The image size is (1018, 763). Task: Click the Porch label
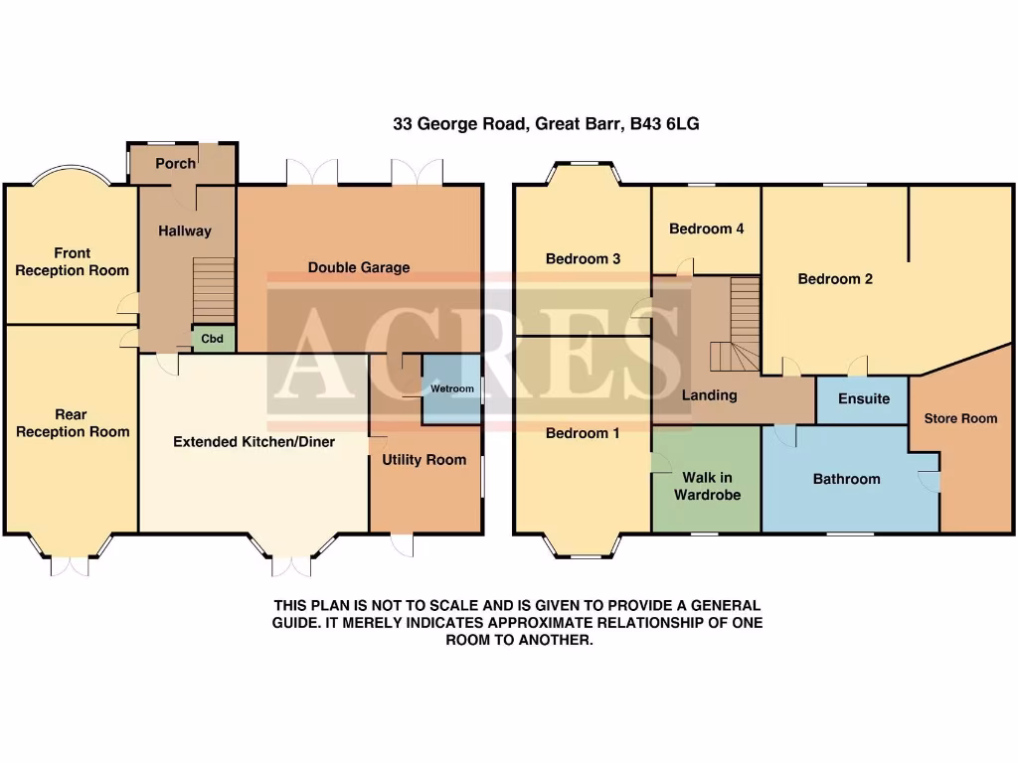[x=176, y=163]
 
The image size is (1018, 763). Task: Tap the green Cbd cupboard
[x=213, y=339]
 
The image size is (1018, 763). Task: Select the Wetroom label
[x=451, y=388]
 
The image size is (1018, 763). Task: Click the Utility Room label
[x=424, y=460]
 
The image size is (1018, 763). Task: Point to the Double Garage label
[x=359, y=267]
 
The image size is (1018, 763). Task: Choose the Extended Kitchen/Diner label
[x=254, y=441]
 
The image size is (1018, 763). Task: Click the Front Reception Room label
[x=72, y=262]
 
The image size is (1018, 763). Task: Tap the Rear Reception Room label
[x=72, y=423]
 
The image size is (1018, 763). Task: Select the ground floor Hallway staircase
[x=213, y=288]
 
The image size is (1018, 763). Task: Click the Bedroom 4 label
[x=706, y=229]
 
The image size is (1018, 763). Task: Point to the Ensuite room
[x=863, y=398]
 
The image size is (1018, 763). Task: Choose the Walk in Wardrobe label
[x=707, y=486]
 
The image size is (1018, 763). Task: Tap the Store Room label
[x=960, y=418]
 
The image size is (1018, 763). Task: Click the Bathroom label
[x=846, y=479]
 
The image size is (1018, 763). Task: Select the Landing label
[x=709, y=394]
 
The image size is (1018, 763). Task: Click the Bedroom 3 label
[x=583, y=259]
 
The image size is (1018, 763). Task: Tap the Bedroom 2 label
[x=835, y=279]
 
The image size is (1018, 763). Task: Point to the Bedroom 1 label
[x=583, y=433]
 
